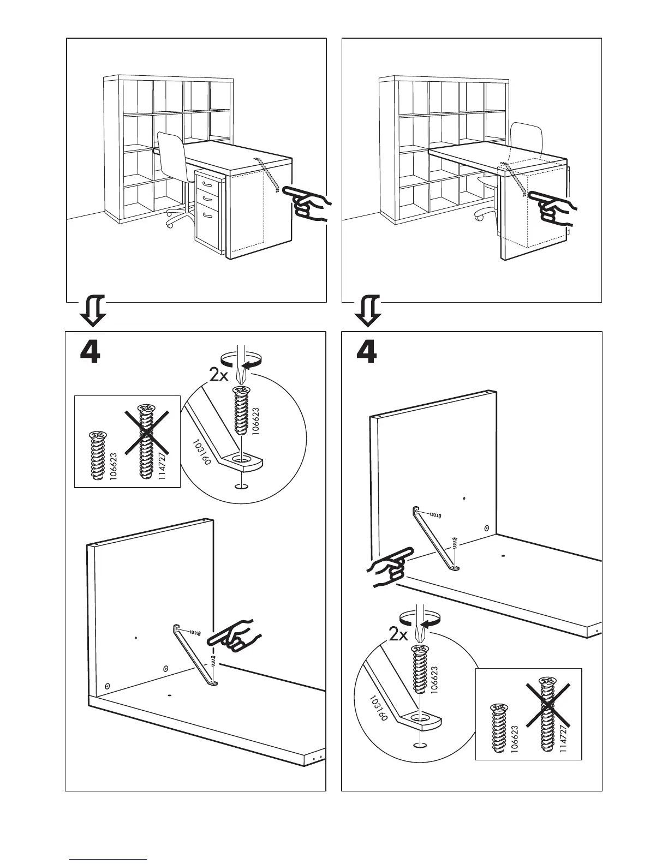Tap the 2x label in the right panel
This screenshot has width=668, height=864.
399,634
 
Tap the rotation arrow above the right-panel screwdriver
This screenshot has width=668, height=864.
417,619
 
